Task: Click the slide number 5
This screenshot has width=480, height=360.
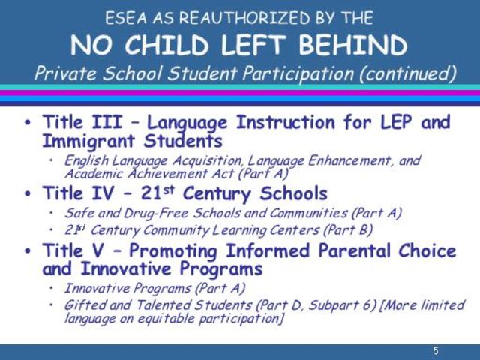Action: [435, 351]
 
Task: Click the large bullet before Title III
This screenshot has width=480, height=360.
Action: [28, 123]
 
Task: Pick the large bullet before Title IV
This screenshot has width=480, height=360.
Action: [28, 194]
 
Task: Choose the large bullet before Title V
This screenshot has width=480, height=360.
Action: [28, 250]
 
